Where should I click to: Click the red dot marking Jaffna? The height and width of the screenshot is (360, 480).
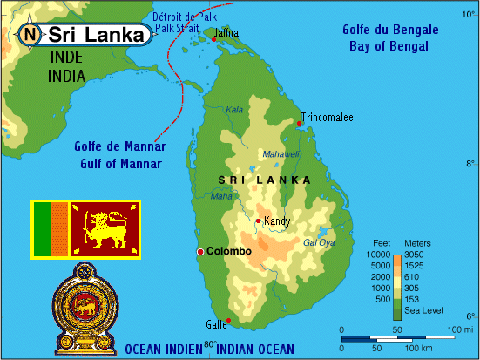coord(213,39)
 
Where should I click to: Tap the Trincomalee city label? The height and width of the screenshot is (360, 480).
coord(327,117)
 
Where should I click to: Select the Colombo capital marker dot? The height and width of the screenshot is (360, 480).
coord(200,251)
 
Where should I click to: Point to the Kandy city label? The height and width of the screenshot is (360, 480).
coord(276,221)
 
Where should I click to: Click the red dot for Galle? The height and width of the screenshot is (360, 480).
coord(228,321)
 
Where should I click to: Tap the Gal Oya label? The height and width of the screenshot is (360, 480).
coord(318,242)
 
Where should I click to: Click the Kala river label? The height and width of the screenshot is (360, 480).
coord(234,110)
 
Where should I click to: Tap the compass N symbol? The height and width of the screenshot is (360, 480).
coord(30,36)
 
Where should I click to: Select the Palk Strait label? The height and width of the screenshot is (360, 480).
coord(179,28)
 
